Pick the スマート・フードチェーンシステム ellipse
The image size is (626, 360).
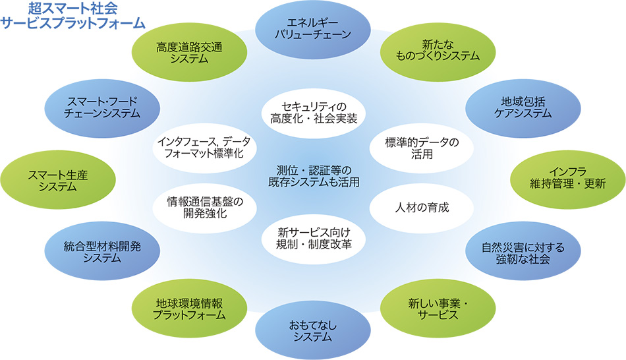coord(102,107)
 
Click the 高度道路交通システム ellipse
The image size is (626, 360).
coord(188,52)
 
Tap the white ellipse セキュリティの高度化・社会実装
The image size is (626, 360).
coord(313,111)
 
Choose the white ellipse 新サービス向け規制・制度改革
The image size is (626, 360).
coord(313,238)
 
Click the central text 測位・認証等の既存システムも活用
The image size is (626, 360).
coord(313,176)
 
